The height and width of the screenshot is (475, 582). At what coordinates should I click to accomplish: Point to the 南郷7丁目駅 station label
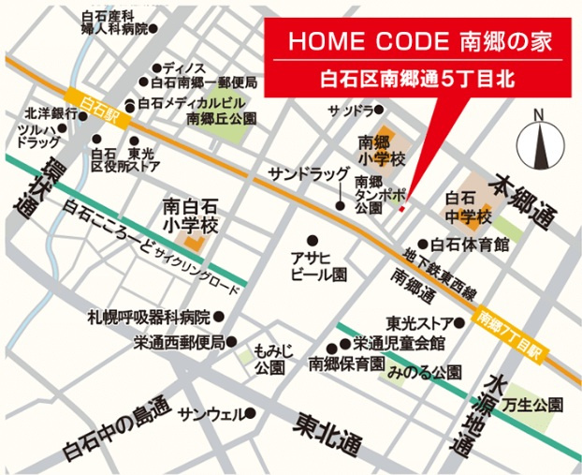[x=510, y=336]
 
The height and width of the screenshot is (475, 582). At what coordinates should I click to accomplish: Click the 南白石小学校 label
[x=191, y=215]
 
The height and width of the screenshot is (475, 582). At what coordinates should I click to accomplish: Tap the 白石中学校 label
[x=469, y=208]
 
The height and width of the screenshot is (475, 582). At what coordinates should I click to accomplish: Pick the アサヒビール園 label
[x=314, y=266]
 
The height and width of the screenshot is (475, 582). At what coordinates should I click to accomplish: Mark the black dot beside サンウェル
[x=252, y=413]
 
